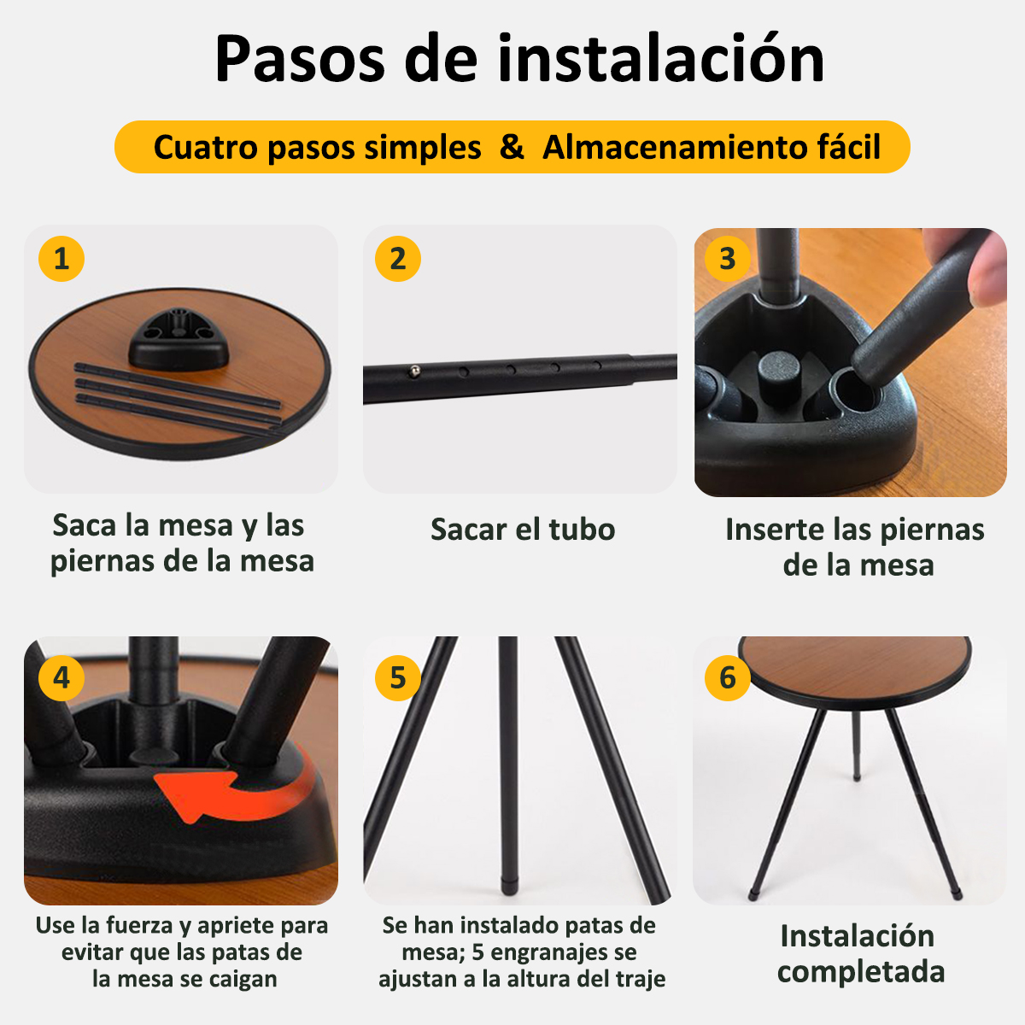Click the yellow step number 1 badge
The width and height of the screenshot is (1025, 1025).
(61, 259)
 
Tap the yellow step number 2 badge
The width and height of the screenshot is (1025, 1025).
(398, 259)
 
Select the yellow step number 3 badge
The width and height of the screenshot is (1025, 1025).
(728, 259)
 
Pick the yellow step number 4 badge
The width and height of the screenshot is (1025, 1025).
(61, 677)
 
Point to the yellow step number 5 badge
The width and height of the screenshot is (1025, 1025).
(398, 677)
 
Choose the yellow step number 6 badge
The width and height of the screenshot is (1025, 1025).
(728, 677)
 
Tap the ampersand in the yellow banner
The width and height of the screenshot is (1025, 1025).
(512, 147)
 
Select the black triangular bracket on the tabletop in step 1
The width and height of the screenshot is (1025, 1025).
(178, 339)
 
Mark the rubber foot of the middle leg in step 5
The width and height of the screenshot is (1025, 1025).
(509, 887)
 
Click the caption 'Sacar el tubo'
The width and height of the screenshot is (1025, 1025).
(523, 530)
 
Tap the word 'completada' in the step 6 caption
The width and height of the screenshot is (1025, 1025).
(861, 972)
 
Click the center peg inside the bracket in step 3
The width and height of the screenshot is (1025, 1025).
(779, 377)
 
